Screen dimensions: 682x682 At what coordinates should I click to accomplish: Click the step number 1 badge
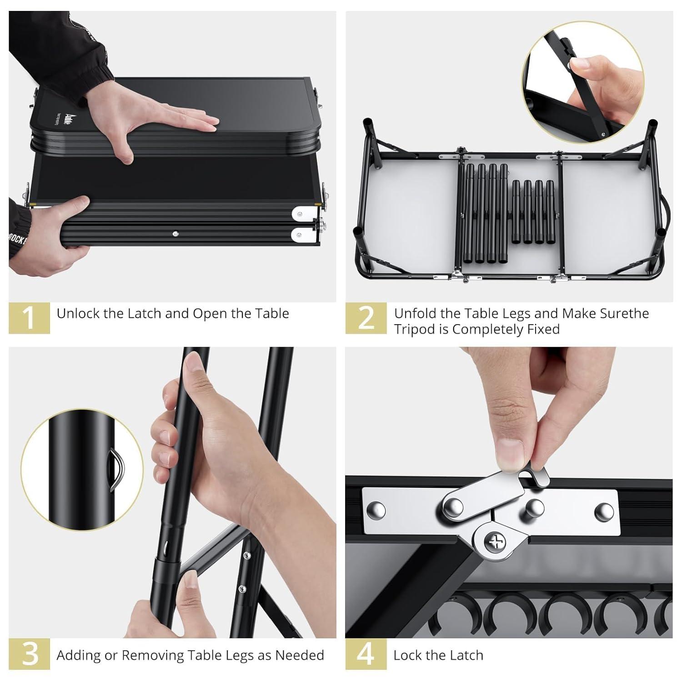(x=29, y=318)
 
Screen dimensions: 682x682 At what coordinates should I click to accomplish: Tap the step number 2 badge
(x=366, y=318)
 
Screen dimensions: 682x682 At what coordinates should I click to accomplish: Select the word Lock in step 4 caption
(x=407, y=655)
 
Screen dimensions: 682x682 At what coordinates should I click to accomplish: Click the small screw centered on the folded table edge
(x=176, y=234)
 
